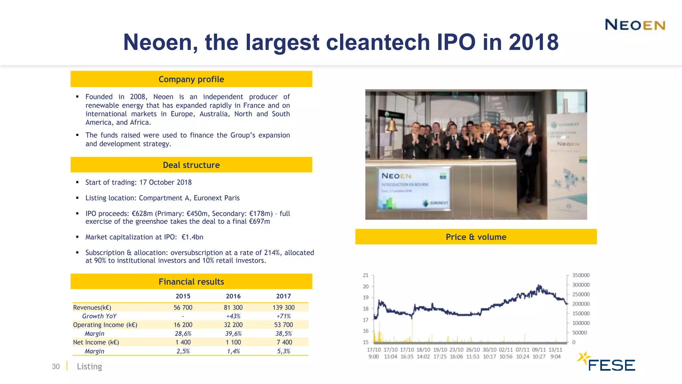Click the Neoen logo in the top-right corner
click(x=635, y=25)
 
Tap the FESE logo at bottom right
click(x=607, y=363)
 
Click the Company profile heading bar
click(x=191, y=79)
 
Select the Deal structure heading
click(x=191, y=165)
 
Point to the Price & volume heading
click(x=476, y=237)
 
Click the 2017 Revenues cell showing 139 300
click(x=283, y=307)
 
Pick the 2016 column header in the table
click(x=233, y=296)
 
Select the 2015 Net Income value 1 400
click(x=183, y=342)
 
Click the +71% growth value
click(x=283, y=316)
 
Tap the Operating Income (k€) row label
click(x=105, y=325)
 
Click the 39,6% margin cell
click(x=233, y=334)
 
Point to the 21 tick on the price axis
click(x=366, y=275)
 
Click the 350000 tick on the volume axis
click(x=581, y=275)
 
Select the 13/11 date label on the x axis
click(x=555, y=350)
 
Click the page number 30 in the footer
click(x=56, y=366)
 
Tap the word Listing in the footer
click(x=89, y=366)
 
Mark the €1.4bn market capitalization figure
click(x=192, y=237)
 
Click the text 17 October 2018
click(x=165, y=182)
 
